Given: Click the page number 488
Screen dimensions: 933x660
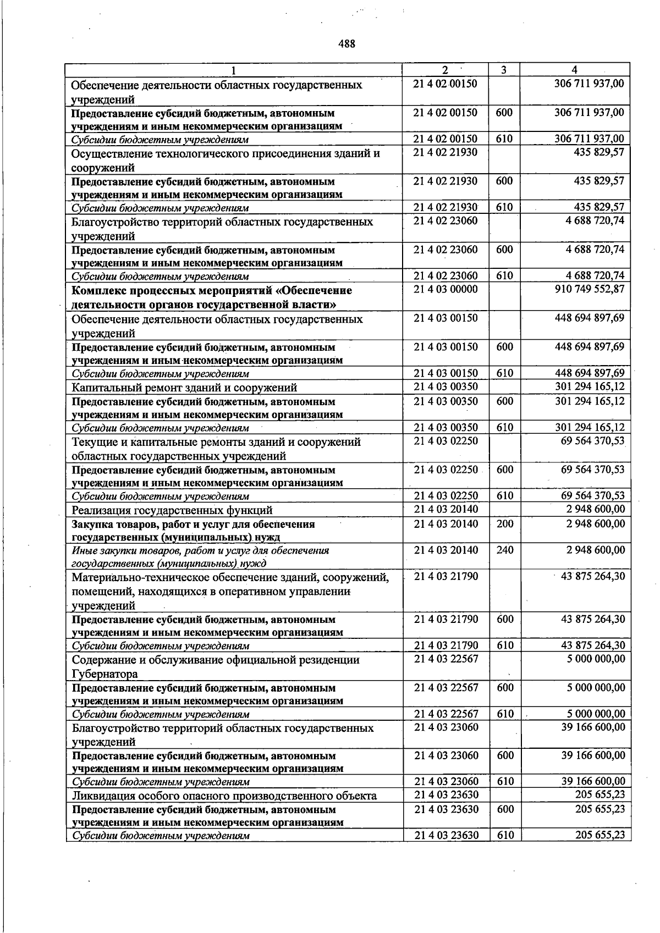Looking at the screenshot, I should coord(346,43).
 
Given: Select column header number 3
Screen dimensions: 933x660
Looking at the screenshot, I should coord(504,70).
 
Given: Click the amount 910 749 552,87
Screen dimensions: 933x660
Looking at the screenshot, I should coord(590,289).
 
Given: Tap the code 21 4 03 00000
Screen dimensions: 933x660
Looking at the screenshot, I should coord(446,289).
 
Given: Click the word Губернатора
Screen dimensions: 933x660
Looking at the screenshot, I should coord(105,674).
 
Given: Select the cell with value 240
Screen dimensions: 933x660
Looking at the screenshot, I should coord(504,550).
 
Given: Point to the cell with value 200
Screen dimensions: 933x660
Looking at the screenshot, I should coord(504,523).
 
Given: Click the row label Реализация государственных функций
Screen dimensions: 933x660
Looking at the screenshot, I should coord(172,510).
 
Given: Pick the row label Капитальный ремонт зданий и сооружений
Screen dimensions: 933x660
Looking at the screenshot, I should coord(184,388).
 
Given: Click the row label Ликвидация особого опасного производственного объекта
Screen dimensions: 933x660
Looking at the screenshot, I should coord(224,796).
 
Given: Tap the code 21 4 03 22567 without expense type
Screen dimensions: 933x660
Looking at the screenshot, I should coord(446,659).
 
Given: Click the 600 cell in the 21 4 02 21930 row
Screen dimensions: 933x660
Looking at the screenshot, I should coord(504,181).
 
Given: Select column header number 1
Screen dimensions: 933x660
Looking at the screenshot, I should coord(234,70).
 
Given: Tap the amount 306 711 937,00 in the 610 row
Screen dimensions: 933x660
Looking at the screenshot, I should coord(589,139).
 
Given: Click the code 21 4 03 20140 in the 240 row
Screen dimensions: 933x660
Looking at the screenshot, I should coord(446,550).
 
